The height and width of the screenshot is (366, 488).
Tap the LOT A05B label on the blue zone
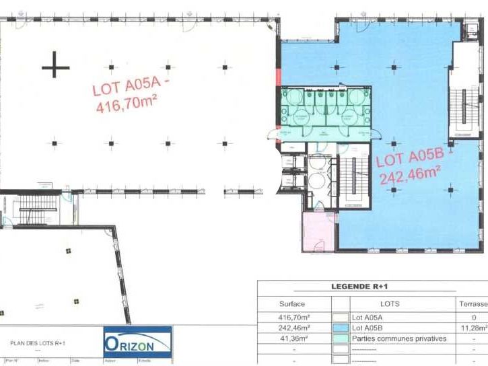pyautogui.click(x=409, y=158)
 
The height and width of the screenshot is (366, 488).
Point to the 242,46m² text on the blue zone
pyautogui.click(x=410, y=176)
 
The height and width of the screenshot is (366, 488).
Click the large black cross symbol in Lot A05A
pyautogui.click(x=56, y=67)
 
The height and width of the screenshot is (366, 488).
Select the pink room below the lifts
pyautogui.click(x=318, y=231)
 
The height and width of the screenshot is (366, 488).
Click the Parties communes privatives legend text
pyautogui.click(x=398, y=338)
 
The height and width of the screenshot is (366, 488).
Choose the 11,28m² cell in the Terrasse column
pyautogui.click(x=475, y=328)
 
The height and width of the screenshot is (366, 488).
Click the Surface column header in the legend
pyautogui.click(x=292, y=304)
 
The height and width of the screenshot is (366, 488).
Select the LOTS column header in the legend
pyautogui.click(x=390, y=304)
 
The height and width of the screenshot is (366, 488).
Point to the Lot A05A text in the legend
pyautogui.click(x=367, y=317)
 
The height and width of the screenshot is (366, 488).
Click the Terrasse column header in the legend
pyautogui.click(x=474, y=304)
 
